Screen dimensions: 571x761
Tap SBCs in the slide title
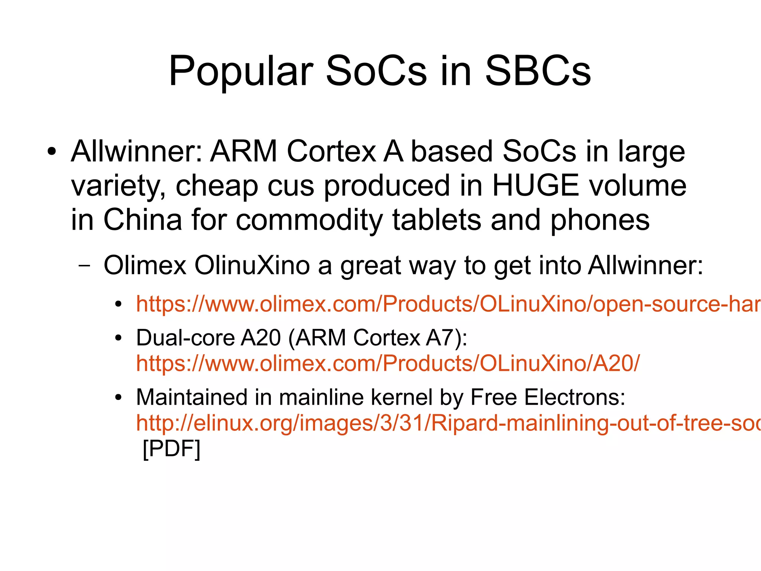(538, 71)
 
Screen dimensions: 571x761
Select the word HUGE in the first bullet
(535, 186)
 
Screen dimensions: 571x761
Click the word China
(142, 220)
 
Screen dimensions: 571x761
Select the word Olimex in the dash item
(145, 266)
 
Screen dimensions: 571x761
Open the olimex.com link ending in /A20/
(388, 363)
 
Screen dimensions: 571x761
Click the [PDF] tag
(172, 449)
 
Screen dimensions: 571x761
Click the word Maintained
(191, 397)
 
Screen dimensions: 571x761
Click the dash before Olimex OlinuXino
(85, 266)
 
